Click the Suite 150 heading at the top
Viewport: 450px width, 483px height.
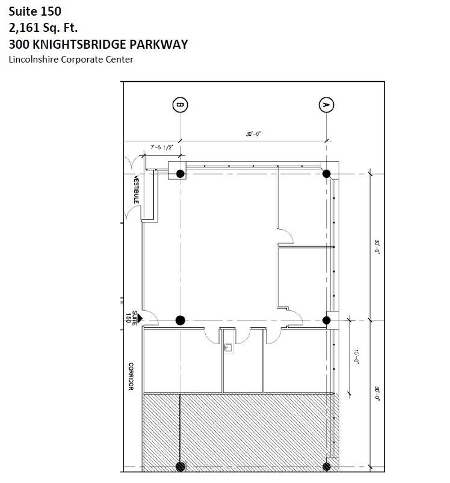coord(34,11)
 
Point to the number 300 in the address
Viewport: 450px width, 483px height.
coord(20,44)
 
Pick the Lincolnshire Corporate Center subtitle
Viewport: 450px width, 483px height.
coord(71,59)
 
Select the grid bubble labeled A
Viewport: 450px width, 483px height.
coord(326,105)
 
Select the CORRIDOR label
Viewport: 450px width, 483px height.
coord(129,377)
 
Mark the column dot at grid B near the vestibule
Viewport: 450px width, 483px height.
coord(180,174)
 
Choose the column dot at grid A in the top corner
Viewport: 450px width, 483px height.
coord(326,174)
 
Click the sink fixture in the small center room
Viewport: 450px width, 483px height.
coord(229,346)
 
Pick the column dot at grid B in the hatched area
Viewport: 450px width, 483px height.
coord(180,466)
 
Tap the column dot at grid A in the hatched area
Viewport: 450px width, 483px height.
coord(327,466)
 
